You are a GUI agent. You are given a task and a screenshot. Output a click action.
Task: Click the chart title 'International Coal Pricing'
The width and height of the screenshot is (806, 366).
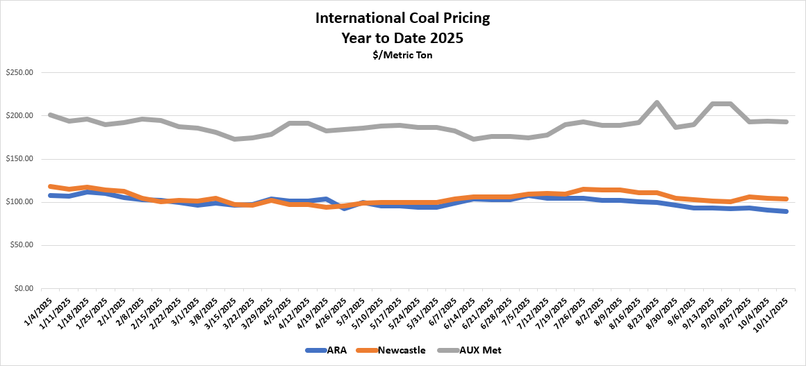point(402,17)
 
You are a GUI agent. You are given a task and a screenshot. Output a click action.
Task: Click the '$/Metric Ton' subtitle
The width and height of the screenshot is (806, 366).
point(402,55)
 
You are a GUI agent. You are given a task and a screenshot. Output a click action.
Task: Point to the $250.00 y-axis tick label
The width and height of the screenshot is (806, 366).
point(21,73)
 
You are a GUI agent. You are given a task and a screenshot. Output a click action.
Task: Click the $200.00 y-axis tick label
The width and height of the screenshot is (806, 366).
point(21,116)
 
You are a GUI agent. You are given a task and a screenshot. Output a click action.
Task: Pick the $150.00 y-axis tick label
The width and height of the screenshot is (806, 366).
point(21,159)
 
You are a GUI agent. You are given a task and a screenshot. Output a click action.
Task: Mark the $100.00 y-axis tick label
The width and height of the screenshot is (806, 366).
point(21,202)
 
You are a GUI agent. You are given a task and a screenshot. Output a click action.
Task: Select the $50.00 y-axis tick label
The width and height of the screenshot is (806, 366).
point(23,245)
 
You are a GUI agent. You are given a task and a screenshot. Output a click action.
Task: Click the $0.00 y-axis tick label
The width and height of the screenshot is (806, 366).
point(25,288)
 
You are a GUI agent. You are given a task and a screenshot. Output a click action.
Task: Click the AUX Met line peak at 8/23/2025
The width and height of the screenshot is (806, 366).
point(657,103)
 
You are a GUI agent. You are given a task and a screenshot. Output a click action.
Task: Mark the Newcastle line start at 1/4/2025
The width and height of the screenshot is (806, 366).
point(51,186)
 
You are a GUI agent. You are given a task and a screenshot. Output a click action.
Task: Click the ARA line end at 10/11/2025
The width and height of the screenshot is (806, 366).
point(785,211)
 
